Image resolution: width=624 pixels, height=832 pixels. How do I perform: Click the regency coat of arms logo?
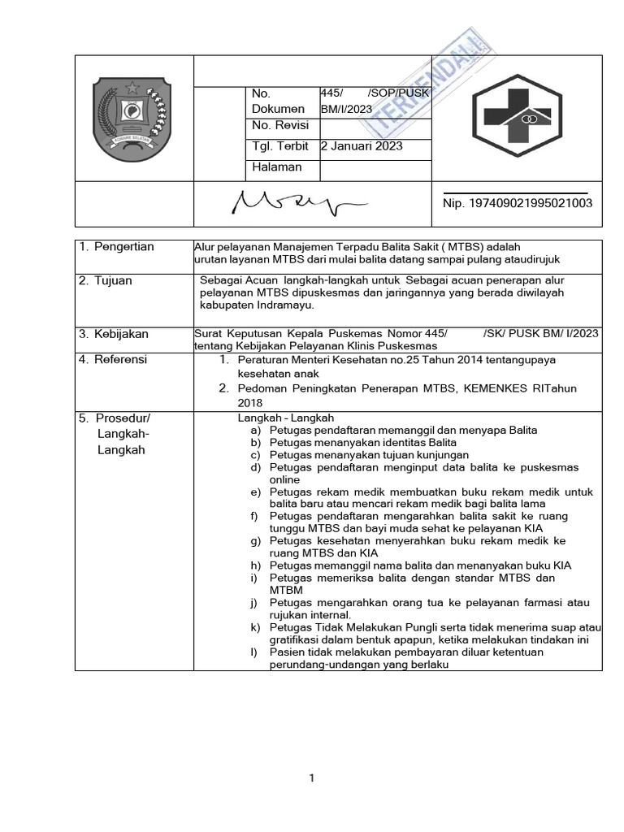pyautogui.click(x=131, y=119)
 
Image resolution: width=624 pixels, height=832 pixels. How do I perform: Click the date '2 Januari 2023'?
pyautogui.click(x=362, y=147)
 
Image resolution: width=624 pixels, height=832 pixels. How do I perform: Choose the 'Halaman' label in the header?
pyautogui.click(x=277, y=167)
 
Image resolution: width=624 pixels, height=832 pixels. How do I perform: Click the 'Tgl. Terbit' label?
pyautogui.click(x=280, y=147)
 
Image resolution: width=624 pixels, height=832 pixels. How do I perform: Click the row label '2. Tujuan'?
pyautogui.click(x=106, y=281)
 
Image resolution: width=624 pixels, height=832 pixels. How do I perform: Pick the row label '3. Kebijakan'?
pyautogui.click(x=113, y=334)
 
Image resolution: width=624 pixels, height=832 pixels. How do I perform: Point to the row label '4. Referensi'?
pyautogui.click(x=113, y=359)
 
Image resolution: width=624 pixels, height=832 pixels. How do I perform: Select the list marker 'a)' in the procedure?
pyautogui.click(x=255, y=430)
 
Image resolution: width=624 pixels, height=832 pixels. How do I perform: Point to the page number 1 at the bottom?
pyautogui.click(x=312, y=778)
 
